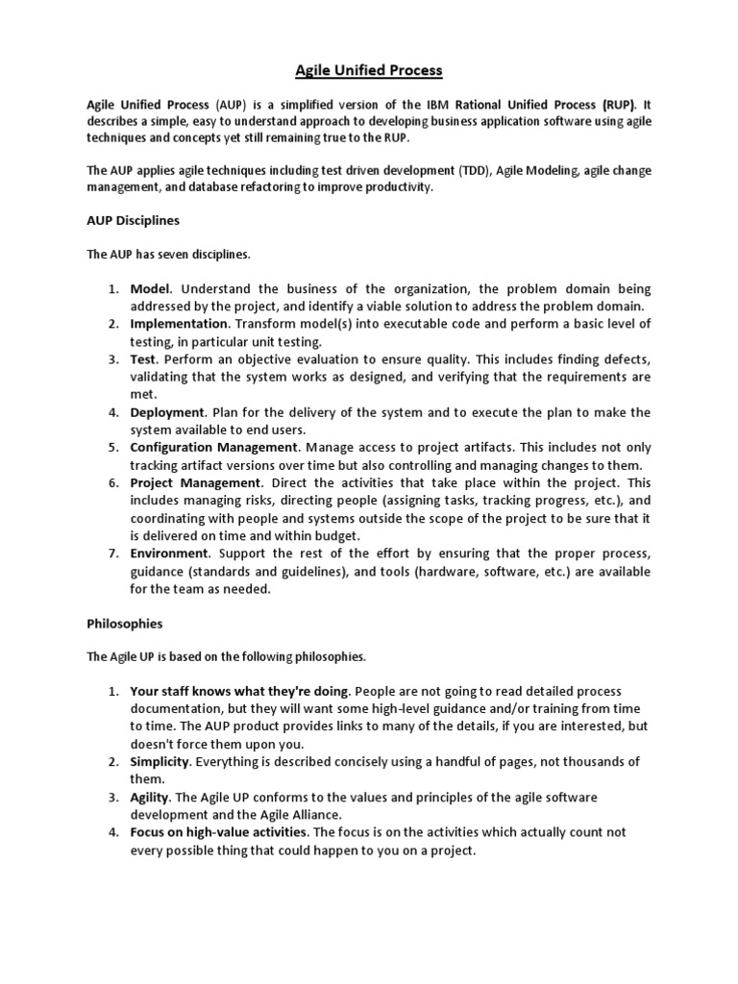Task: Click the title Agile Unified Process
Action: click(369, 70)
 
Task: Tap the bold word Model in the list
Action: click(151, 288)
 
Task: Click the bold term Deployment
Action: click(166, 412)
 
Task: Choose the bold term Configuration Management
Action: click(213, 447)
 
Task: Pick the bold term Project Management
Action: click(195, 482)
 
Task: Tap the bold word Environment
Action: click(169, 553)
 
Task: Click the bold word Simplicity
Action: click(159, 762)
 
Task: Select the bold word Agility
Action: click(150, 798)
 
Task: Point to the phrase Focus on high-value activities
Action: click(219, 832)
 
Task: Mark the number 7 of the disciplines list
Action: click(111, 553)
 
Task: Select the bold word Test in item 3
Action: click(144, 358)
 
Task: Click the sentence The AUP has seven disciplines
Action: click(168, 255)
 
